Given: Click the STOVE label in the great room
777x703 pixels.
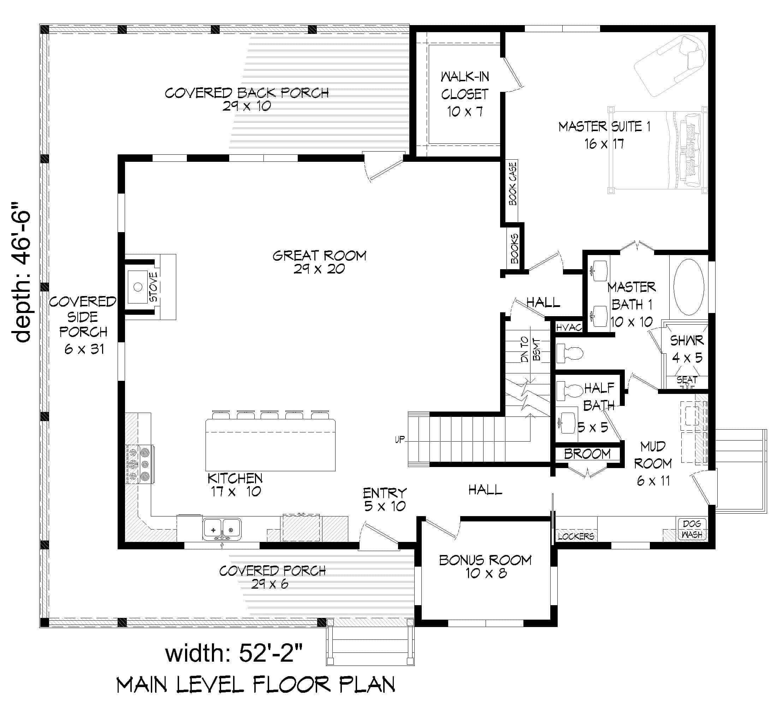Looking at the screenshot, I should [x=153, y=287].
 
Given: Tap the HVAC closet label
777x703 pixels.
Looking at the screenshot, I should [x=569, y=327].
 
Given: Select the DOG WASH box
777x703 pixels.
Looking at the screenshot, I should [x=692, y=529].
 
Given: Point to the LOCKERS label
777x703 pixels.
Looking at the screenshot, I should [x=576, y=536].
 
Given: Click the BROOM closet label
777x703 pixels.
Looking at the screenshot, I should [x=587, y=454].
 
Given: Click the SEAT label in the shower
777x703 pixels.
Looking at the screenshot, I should [x=687, y=380].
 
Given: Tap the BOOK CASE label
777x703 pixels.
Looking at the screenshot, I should [x=512, y=183].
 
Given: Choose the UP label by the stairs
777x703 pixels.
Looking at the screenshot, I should [x=400, y=439].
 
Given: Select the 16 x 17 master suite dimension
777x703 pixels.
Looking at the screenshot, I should [x=604, y=144].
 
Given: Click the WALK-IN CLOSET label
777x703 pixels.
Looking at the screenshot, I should [x=465, y=94].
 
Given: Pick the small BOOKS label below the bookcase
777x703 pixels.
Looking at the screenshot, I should [x=515, y=249].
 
